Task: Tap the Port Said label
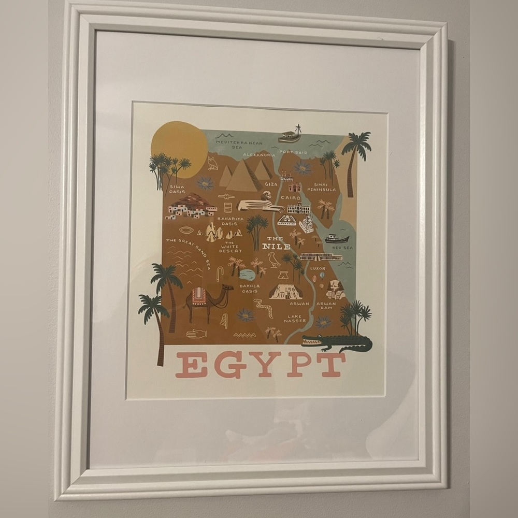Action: coord(293,152)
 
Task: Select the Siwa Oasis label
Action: coord(177,189)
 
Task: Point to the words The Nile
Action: coord(276,242)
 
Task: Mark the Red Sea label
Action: coord(342,248)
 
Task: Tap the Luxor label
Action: coord(318,268)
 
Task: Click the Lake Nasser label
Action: coord(295,319)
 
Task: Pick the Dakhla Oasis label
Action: coord(249,288)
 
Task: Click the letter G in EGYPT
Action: coord(230,365)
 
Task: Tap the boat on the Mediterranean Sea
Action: coord(290,136)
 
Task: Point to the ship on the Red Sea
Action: coord(337,239)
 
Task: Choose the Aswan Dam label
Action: coord(326,306)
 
